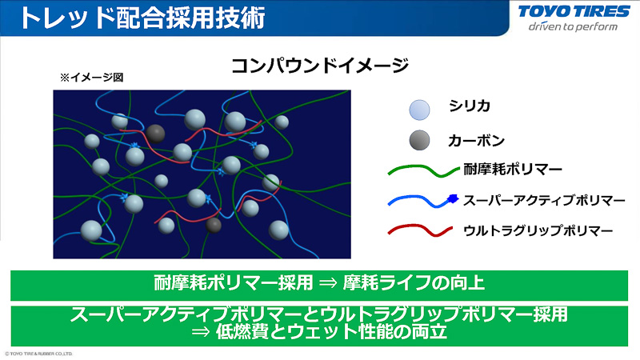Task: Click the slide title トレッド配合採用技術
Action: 140,18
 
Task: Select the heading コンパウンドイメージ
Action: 319,66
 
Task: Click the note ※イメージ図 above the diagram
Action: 90,78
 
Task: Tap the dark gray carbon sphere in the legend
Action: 419,141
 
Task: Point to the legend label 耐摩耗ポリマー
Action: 512,169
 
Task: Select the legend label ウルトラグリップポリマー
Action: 538,230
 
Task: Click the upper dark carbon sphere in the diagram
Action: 156,133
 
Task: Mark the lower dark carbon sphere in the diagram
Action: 214,226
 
